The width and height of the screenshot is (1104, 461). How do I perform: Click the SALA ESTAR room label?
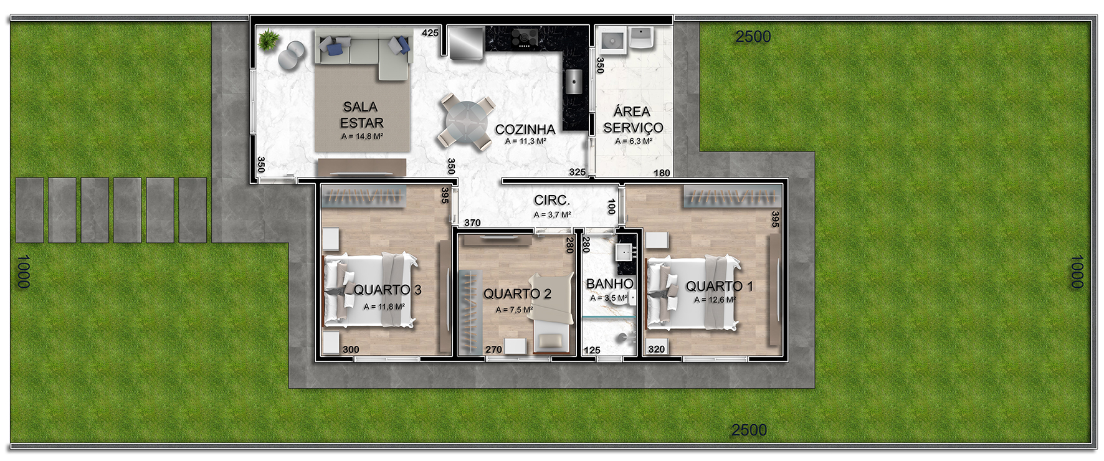(361, 115)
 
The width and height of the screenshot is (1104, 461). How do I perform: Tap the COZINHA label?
(525, 129)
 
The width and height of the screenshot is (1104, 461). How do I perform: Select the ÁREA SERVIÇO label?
(633, 119)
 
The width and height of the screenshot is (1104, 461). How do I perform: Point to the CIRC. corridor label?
(552, 200)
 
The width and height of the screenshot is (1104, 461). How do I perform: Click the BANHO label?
(610, 283)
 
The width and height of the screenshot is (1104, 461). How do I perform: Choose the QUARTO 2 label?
(517, 293)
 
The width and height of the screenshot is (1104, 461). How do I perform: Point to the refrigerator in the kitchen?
(466, 42)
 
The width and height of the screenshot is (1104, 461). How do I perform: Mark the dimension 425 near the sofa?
(430, 33)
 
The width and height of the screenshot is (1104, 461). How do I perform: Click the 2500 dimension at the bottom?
(749, 430)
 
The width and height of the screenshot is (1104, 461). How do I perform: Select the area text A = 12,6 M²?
(715, 300)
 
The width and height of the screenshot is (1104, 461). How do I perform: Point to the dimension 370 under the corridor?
(472, 222)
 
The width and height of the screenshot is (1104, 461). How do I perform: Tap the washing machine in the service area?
(612, 40)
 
